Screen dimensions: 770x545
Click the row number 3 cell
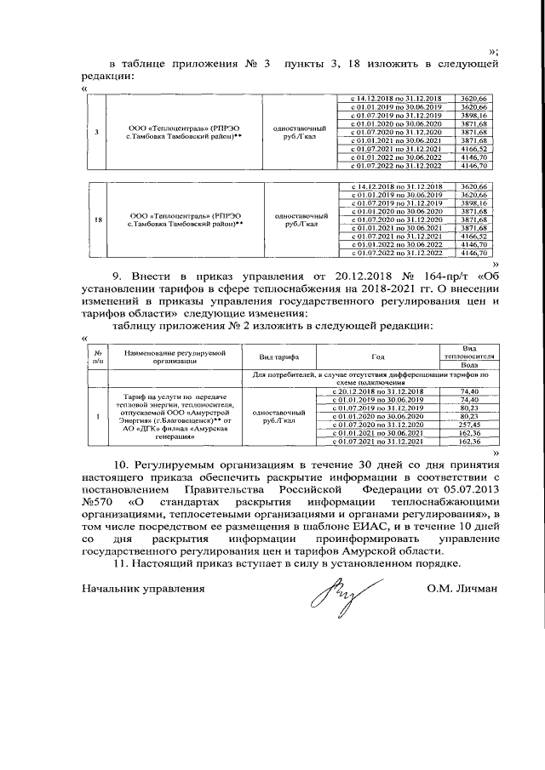click(x=95, y=132)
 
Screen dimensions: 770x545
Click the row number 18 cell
click(x=95, y=219)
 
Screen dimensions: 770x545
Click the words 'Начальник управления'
click(x=143, y=588)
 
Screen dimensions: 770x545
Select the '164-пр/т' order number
click(x=427, y=277)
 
